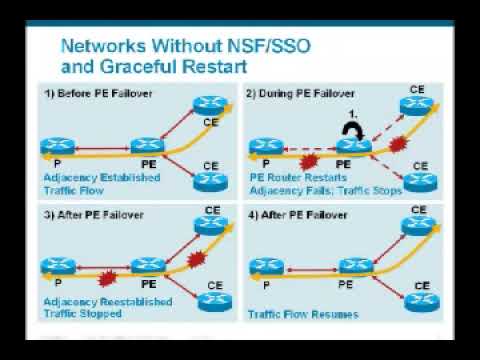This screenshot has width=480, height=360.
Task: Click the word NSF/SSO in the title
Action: [269, 46]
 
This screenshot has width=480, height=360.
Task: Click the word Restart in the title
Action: [214, 66]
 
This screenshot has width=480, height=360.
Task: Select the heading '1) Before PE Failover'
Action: [98, 93]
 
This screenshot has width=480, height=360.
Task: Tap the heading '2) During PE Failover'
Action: [300, 94]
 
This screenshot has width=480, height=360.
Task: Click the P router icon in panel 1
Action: [58, 146]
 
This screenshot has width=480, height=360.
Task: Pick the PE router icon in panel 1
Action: [147, 146]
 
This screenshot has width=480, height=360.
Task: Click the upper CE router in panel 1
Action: [210, 106]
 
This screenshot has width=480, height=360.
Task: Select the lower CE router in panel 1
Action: [211, 181]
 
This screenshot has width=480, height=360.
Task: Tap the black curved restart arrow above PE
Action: [353, 131]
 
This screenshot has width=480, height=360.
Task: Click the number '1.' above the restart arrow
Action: [353, 115]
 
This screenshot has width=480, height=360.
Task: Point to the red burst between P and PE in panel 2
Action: [309, 162]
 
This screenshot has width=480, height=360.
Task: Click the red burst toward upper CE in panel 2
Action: [398, 144]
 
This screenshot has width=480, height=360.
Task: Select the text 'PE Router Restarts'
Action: [298, 178]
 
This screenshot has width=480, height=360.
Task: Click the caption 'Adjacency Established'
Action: [102, 178]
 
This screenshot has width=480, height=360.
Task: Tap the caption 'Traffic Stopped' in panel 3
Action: [83, 314]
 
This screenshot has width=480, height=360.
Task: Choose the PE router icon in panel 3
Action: [148, 266]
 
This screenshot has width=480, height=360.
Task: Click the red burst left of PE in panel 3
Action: [107, 278]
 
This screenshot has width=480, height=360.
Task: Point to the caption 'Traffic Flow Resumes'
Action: [303, 314]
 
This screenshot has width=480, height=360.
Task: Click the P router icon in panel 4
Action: [267, 266]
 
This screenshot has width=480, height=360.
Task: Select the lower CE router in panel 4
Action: [422, 302]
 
